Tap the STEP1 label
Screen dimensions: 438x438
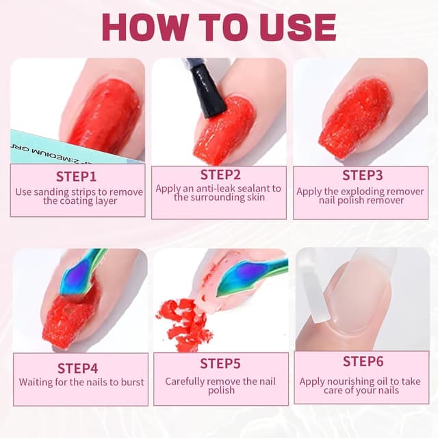79,178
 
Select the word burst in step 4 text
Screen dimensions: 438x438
130,382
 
